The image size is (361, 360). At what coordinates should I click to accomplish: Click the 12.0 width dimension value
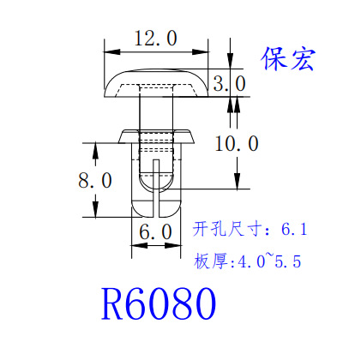(x=156, y=39)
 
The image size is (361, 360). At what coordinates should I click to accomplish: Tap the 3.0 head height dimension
(x=229, y=83)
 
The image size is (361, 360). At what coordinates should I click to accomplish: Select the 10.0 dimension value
(x=237, y=143)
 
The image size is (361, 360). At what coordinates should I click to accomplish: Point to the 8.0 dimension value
(x=95, y=180)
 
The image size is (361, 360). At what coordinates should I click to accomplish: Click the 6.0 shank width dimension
(x=156, y=231)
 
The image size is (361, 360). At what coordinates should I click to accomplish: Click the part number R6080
(x=159, y=303)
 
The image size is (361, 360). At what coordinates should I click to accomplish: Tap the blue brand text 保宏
(x=288, y=59)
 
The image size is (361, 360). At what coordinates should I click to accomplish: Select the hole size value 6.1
(x=294, y=229)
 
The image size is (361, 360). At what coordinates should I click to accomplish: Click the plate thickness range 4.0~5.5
(x=269, y=261)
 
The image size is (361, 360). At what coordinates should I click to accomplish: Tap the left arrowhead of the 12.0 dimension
(x=112, y=52)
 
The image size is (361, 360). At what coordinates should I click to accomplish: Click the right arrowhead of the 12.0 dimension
(x=200, y=52)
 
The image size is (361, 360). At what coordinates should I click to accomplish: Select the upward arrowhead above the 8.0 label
(x=95, y=151)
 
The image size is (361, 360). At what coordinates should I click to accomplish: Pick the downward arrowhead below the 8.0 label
(x=95, y=209)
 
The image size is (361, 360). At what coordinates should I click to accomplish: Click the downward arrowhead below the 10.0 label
(x=238, y=181)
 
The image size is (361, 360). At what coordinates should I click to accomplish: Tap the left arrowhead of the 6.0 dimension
(x=140, y=245)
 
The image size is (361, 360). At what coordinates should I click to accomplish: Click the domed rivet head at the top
(x=156, y=83)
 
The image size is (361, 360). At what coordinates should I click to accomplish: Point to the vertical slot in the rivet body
(x=156, y=187)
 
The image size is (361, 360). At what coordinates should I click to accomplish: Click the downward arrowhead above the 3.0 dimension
(x=231, y=61)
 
